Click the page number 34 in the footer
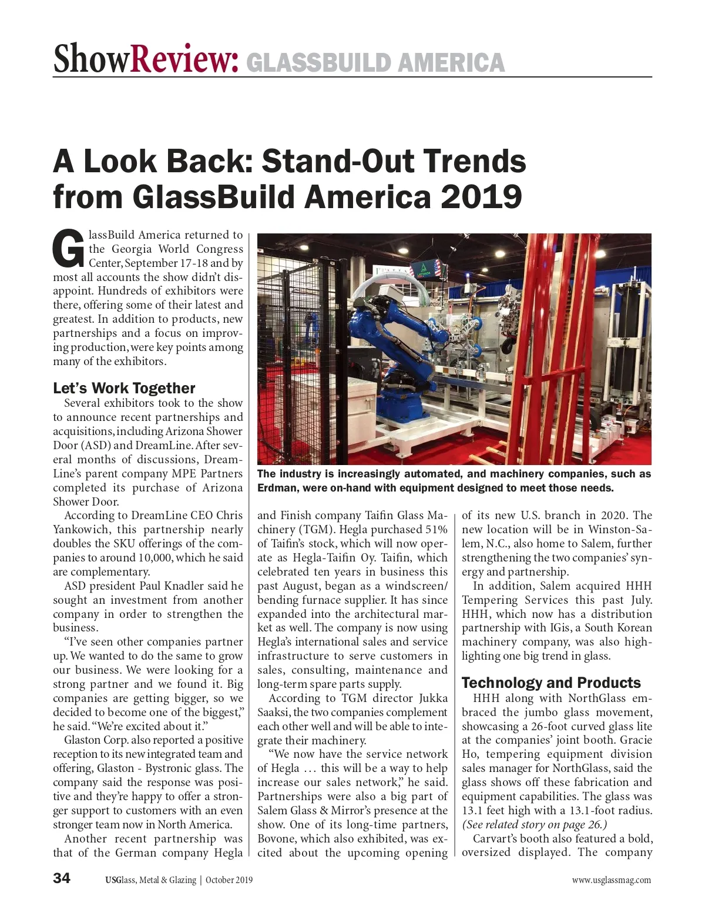62,878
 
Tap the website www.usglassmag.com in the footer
612,880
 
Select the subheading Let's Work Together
124,388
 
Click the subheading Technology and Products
551,683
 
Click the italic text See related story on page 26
535,824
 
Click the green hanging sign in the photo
425,270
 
